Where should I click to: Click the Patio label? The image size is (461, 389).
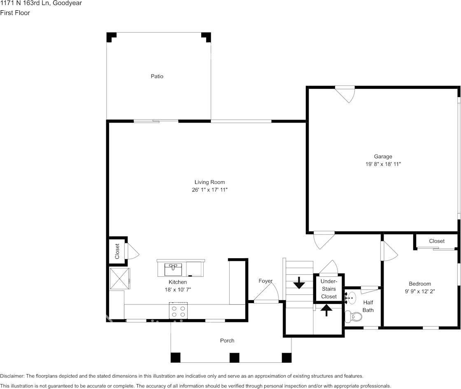tap(157, 76)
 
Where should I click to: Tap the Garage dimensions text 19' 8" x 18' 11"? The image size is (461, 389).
tap(383, 164)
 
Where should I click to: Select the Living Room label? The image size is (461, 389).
tap(210, 182)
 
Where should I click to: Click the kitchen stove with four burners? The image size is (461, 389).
tap(178, 311)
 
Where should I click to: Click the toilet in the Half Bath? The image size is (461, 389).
tap(353, 317)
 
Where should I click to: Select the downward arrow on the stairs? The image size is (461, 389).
tap(299, 282)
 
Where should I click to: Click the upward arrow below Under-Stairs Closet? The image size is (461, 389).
tap(327, 310)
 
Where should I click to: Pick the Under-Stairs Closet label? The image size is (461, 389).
tap(329, 289)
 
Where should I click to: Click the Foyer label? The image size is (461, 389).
tap(265, 281)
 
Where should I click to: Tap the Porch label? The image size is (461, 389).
tap(227, 340)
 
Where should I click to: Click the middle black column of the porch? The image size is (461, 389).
tap(234, 358)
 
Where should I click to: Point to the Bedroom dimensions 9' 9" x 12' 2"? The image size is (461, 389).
tap(419, 291)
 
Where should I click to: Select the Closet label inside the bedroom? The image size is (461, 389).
tap(437, 241)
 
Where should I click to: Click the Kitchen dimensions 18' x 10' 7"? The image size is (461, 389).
tap(177, 289)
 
